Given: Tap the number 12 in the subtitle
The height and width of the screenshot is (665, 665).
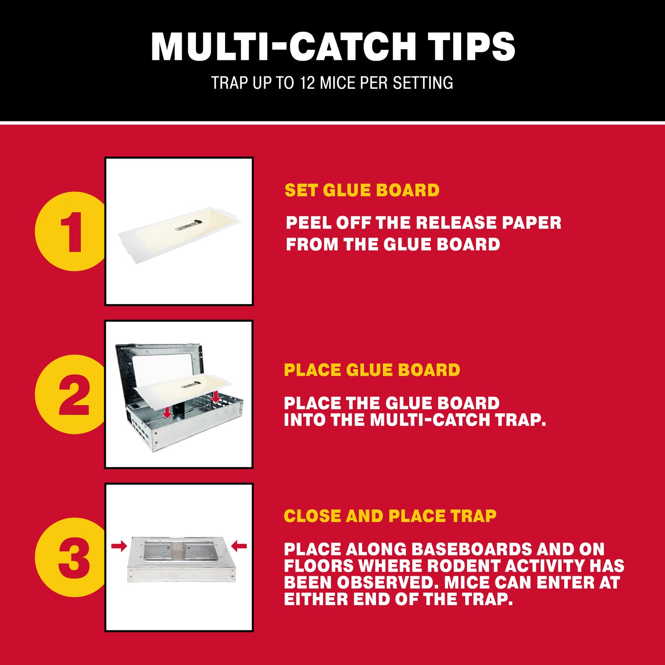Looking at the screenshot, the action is coord(307,83).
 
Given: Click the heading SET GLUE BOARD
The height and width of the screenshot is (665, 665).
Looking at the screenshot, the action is coord(362,190).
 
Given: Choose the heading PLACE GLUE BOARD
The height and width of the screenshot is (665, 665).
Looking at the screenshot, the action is coord(372,370).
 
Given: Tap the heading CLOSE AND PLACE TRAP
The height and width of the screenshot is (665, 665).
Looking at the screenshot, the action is coord(390,516).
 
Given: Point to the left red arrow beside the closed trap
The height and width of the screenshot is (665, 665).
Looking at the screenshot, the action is coord(119,546).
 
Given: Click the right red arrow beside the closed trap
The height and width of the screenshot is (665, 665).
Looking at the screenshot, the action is coord(239,546).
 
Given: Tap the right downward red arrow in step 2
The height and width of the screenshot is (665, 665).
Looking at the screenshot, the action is coord(216,396).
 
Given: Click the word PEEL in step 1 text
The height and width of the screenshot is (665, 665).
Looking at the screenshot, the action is coord(308,223).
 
